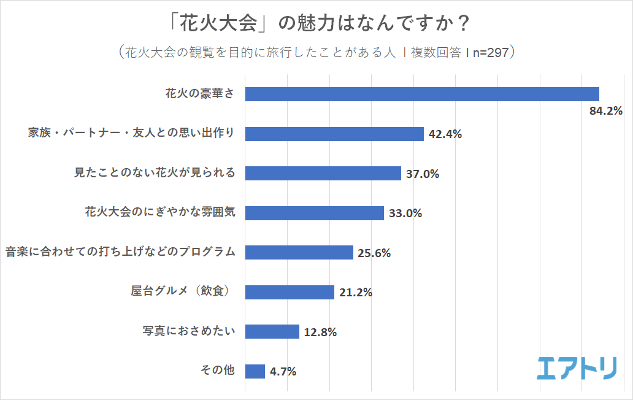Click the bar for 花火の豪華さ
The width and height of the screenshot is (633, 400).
click(421, 94)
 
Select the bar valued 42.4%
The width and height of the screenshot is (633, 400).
click(334, 134)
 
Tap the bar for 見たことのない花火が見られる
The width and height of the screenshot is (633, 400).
click(323, 173)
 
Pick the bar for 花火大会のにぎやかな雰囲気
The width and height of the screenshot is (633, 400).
click(314, 213)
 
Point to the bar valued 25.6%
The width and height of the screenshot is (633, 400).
click(299, 252)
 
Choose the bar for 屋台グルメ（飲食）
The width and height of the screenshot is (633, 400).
click(290, 292)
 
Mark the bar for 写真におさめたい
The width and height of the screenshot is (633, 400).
click(272, 332)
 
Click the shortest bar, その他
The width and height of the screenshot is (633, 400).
click(255, 371)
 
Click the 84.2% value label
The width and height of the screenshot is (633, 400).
click(605, 111)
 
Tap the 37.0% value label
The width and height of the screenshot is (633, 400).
click(423, 174)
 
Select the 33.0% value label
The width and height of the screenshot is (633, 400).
click(405, 213)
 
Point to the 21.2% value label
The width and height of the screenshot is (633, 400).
click(356, 293)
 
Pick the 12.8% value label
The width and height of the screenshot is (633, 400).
click(320, 333)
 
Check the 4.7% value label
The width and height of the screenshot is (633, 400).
click(283, 372)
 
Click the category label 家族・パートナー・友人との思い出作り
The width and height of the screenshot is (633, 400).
click(131, 133)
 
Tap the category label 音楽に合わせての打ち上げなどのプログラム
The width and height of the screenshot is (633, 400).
click(120, 252)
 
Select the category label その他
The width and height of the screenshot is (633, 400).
click(217, 371)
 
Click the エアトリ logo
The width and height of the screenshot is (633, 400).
click(577, 367)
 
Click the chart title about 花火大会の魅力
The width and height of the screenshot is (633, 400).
click(316, 24)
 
